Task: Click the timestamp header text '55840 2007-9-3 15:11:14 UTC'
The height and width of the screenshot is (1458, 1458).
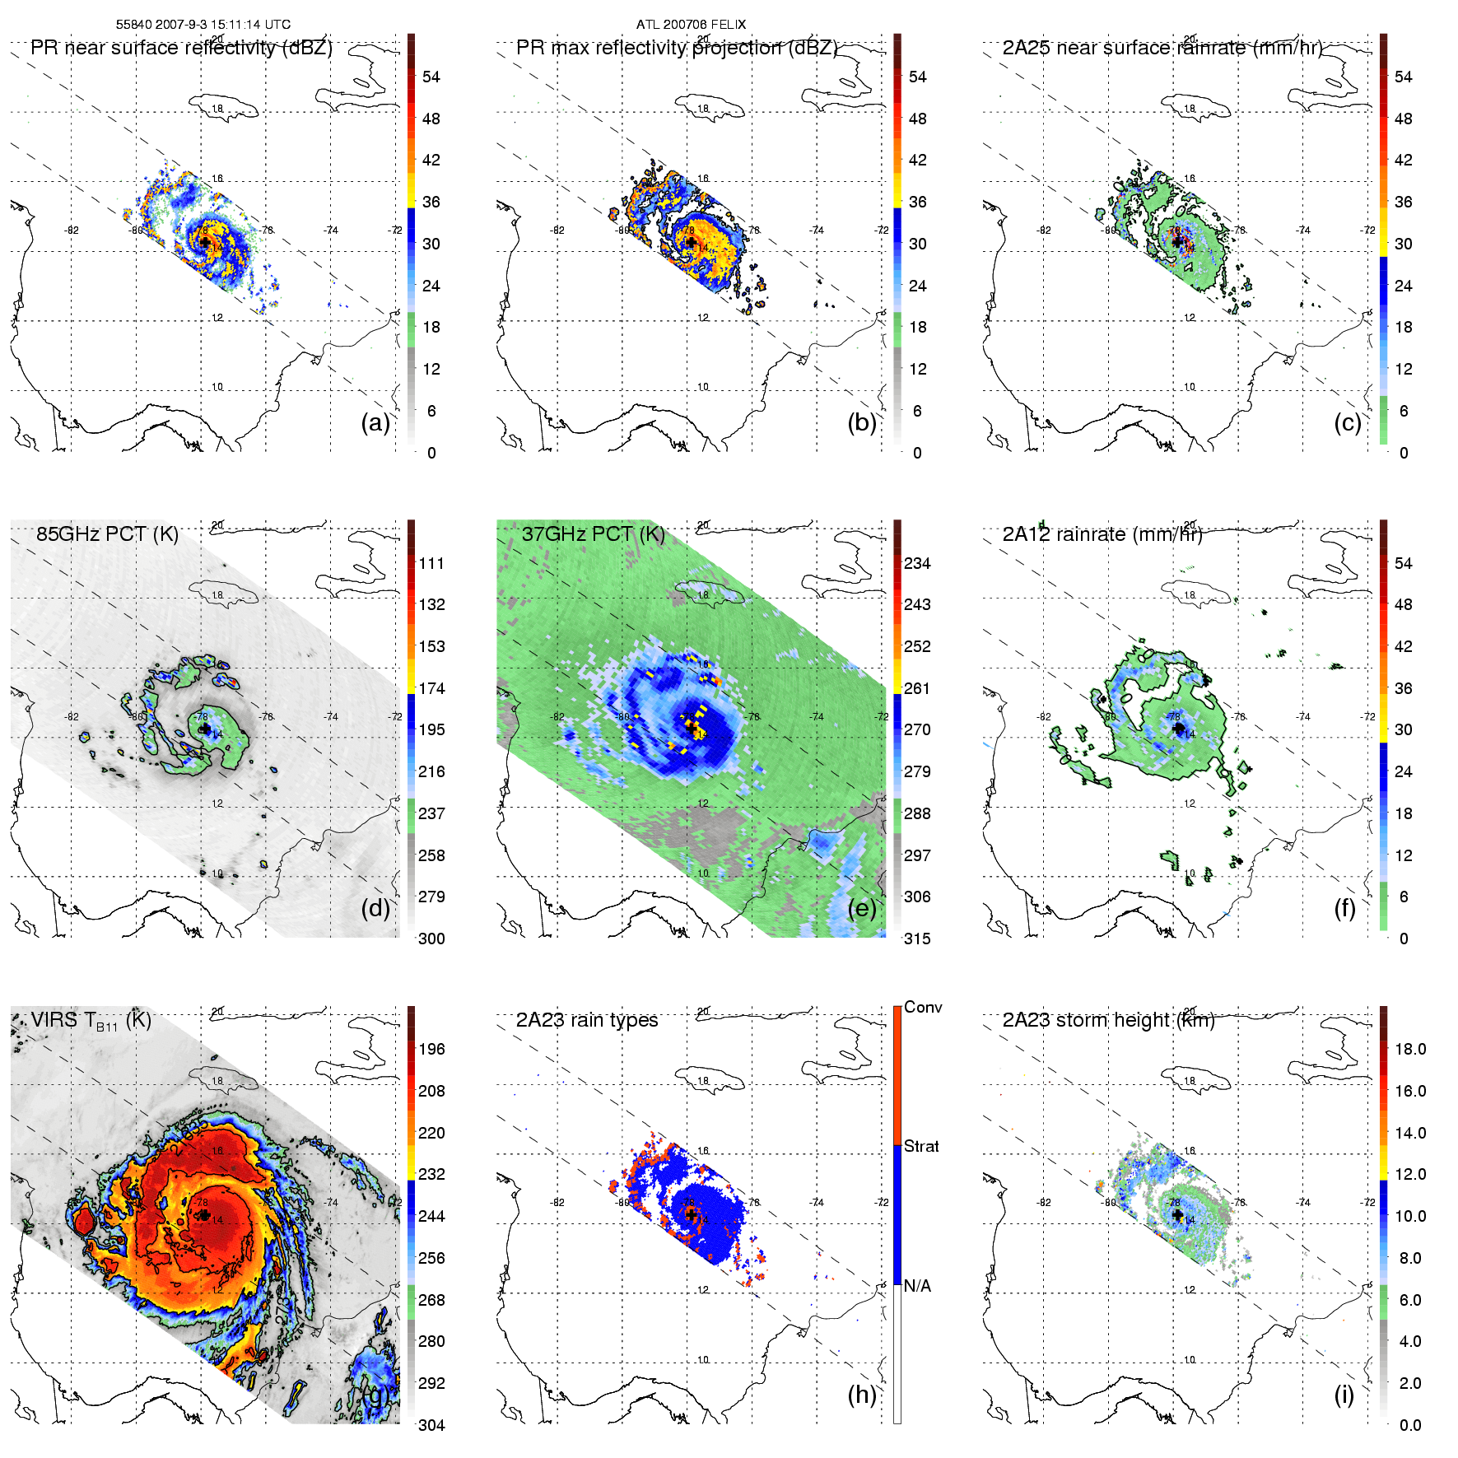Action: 203,25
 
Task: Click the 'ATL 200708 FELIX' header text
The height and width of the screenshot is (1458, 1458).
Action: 691,25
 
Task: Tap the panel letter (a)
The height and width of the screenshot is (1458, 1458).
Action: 375,422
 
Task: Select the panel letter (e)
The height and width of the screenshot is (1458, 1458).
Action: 862,908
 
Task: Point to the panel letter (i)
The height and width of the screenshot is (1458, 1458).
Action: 1344,1395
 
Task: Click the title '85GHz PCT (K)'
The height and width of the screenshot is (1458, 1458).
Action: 107,533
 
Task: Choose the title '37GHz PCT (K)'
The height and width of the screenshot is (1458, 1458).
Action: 593,533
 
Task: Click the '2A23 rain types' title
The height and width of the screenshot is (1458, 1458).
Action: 587,1020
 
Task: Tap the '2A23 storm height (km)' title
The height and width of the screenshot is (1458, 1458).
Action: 1108,1020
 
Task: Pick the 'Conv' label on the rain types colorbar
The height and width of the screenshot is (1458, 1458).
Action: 923,1007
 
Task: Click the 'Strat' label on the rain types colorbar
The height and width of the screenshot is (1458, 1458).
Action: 921,1146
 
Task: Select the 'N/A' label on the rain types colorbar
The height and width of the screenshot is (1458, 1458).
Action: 917,1286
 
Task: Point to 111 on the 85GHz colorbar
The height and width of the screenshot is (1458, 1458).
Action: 431,563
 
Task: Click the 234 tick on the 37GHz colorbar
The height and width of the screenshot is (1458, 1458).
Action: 917,563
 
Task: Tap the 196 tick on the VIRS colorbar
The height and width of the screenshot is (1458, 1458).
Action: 431,1049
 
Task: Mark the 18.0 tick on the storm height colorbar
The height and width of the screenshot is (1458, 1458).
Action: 1409,1049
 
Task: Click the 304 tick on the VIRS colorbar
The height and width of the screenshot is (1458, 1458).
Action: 431,1425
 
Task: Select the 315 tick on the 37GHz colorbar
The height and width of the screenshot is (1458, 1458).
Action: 917,939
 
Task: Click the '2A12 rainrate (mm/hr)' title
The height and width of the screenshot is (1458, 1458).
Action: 1102,533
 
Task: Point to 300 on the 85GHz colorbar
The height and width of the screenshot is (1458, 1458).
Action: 431,939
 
